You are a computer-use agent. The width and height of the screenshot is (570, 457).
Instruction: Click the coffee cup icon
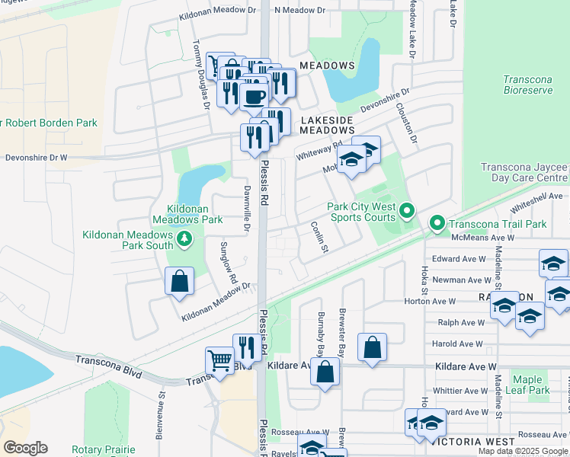(254, 96)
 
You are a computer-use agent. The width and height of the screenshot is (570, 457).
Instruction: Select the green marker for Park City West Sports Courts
(406, 210)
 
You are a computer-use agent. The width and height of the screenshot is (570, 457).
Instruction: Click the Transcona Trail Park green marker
(437, 224)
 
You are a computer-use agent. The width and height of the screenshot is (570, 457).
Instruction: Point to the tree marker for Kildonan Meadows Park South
(184, 241)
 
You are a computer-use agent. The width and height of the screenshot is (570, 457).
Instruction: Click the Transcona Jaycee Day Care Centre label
(524, 172)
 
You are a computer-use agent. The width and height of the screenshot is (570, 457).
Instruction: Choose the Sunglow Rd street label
(226, 263)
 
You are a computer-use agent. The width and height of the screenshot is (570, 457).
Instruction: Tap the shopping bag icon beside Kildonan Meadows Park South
(178, 281)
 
